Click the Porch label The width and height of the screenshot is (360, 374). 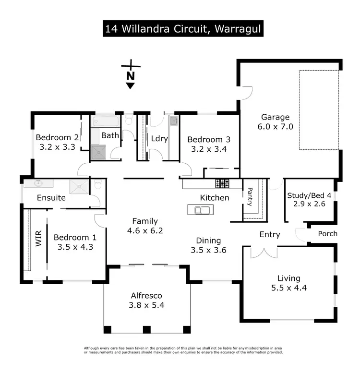click(x=328, y=234)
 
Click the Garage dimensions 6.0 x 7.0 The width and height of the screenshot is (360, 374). click(x=276, y=127)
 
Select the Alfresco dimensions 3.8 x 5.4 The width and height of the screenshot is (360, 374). click(x=147, y=305)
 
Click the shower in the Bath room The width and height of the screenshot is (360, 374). click(x=98, y=151)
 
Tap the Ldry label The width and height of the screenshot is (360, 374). click(x=159, y=138)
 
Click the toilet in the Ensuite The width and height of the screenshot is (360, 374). click(x=97, y=184)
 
